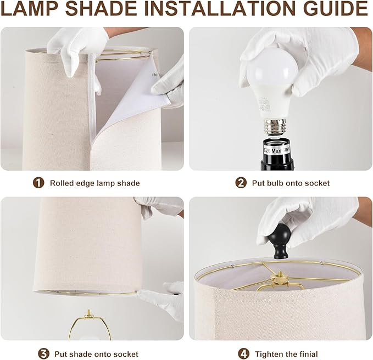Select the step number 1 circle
click(38, 183)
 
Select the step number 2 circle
click(241, 183)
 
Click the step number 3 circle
click(43, 353)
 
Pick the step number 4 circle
click(244, 353)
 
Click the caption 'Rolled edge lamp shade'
click(94, 183)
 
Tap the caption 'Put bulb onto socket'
click(291, 183)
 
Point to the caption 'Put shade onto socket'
click(96, 353)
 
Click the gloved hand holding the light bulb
click(308, 55)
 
